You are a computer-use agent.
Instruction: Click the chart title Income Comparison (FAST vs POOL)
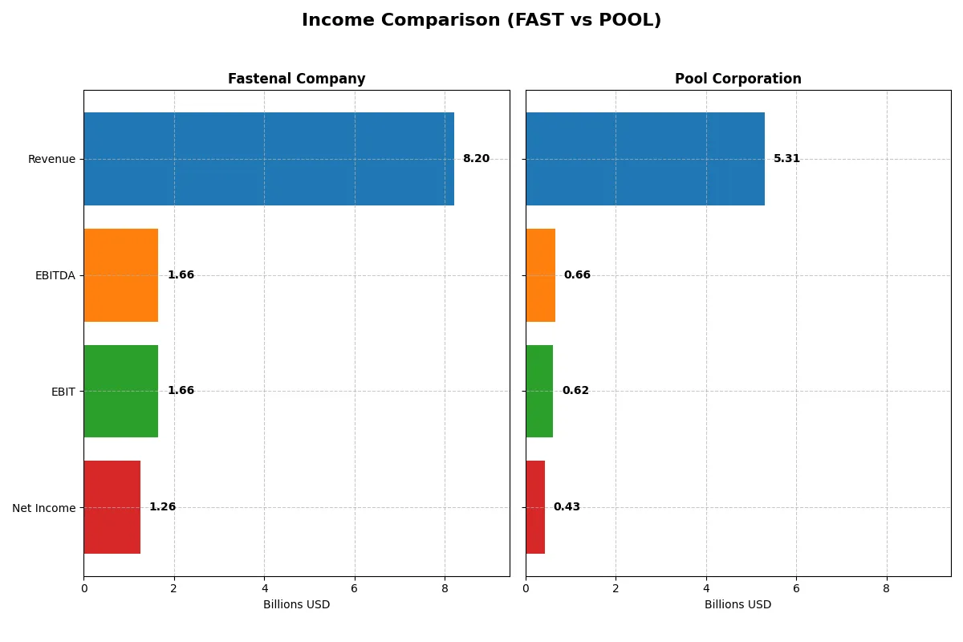(481, 21)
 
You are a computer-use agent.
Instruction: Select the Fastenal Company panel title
(296, 79)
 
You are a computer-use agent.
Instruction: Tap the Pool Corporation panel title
(737, 79)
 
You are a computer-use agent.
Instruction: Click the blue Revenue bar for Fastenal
(269, 159)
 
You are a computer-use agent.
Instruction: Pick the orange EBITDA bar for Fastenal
(120, 275)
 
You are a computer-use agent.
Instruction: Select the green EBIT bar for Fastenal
(120, 391)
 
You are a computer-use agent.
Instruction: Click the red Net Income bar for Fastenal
(112, 507)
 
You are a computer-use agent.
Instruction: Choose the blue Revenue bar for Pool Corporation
(645, 159)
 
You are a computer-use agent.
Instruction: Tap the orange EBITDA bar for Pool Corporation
(540, 275)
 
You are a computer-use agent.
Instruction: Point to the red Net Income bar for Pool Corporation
(535, 507)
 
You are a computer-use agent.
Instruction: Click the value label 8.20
(476, 159)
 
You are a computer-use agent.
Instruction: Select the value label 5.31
(786, 159)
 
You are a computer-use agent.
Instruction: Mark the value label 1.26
(162, 507)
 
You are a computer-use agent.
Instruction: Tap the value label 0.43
(567, 507)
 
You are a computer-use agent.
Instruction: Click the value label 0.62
(575, 391)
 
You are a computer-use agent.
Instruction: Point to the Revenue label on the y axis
(51, 159)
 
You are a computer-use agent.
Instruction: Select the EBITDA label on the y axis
(55, 275)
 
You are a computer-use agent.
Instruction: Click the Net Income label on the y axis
(44, 507)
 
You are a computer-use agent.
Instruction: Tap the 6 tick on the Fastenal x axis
(355, 588)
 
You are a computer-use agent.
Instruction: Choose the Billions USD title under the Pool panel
(737, 605)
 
